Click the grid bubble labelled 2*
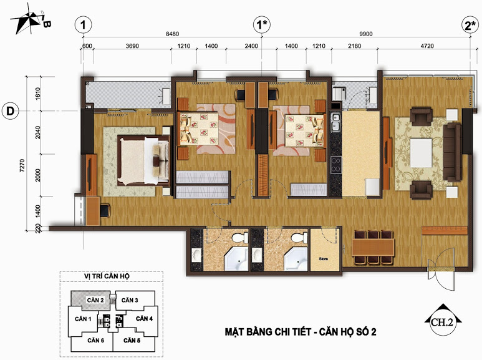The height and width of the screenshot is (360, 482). (470, 25)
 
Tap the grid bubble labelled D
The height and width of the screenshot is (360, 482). (10, 111)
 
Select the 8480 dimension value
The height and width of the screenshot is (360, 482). (172, 34)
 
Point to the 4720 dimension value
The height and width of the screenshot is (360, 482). (427, 46)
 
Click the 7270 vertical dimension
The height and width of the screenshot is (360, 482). (22, 165)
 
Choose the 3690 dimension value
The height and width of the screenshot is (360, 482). (132, 46)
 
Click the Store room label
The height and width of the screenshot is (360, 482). (324, 259)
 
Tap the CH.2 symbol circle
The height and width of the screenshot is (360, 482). (443, 323)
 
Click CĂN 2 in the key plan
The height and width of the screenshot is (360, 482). (95, 300)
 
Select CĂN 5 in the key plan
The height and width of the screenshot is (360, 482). (132, 340)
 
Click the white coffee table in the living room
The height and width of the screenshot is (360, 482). (421, 153)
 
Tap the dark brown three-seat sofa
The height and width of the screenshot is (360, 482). (453, 152)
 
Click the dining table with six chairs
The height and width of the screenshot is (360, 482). (373, 248)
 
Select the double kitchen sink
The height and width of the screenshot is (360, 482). (335, 122)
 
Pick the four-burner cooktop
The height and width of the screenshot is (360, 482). (335, 165)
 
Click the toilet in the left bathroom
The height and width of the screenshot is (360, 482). (240, 238)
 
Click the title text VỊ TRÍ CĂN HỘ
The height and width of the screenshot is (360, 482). (107, 276)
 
